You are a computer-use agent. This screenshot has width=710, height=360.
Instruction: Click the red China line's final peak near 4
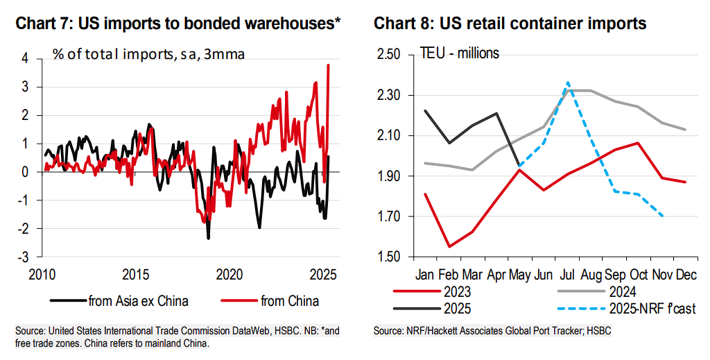(x=328, y=65)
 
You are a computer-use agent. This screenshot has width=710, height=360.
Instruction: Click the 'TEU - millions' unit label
(x=460, y=53)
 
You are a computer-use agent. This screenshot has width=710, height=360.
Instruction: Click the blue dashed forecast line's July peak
(x=568, y=82)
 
